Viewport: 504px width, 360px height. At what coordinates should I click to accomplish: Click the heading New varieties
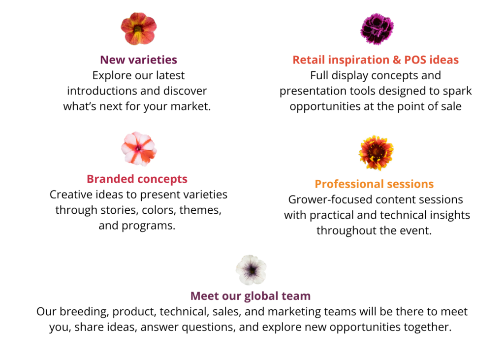tap(138, 60)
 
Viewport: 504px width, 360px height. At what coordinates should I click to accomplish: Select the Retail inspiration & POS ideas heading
tap(376, 60)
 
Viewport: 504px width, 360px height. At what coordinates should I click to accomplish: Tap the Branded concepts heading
tap(137, 179)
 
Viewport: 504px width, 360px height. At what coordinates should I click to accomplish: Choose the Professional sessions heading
tap(374, 184)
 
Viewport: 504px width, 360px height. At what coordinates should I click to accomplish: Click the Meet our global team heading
tap(251, 296)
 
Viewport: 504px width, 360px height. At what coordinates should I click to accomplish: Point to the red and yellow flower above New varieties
tap(138, 29)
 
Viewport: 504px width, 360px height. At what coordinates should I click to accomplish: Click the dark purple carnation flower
tap(377, 29)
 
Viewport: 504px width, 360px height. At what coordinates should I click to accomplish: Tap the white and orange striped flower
tap(138, 149)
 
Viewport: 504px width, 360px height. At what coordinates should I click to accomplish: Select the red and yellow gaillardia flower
tap(376, 153)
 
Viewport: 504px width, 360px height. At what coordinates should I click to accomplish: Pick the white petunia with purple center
tap(251, 270)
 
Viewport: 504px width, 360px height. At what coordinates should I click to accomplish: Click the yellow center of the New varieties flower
tap(138, 30)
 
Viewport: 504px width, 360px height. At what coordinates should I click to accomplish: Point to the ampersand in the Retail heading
tap(397, 60)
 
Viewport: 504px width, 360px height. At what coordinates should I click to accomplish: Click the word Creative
tap(69, 195)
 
